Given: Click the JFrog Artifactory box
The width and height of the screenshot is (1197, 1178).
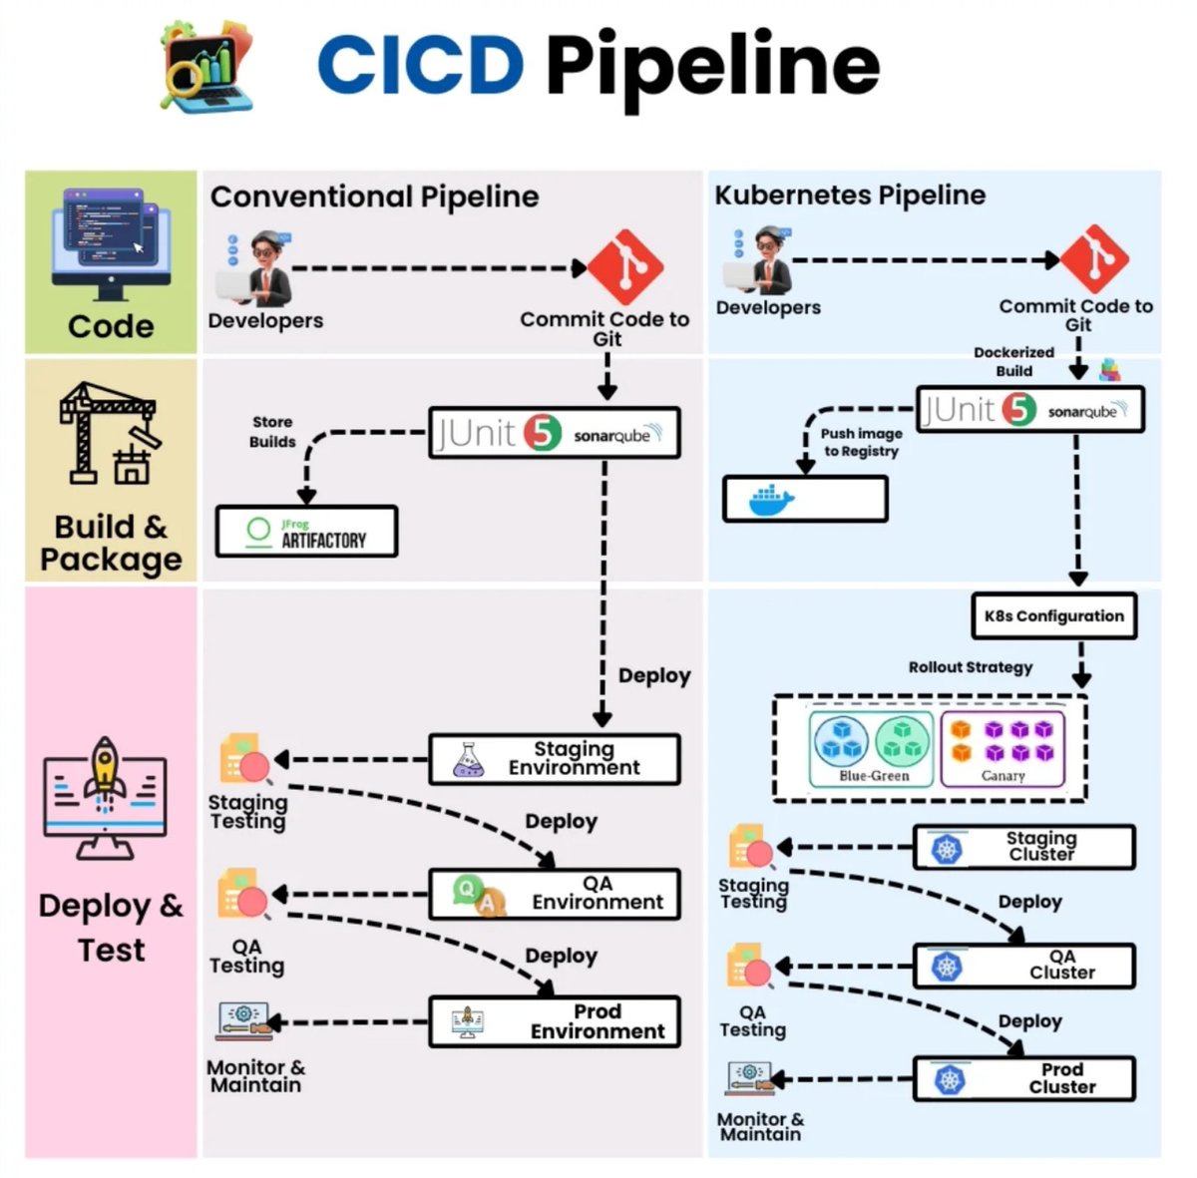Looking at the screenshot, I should (306, 531).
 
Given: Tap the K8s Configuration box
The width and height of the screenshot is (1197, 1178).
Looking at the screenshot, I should (1053, 616).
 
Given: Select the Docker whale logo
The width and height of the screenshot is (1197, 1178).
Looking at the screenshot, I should (771, 500).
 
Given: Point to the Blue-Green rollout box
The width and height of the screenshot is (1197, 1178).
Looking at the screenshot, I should (872, 749).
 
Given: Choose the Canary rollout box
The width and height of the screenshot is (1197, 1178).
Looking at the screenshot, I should (1002, 749).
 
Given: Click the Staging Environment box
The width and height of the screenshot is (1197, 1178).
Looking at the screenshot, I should (555, 759).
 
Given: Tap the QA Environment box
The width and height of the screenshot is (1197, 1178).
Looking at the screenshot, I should (555, 894).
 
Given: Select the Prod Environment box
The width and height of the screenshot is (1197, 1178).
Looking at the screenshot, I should (555, 1021).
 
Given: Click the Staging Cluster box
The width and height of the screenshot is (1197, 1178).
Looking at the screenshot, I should (1024, 847).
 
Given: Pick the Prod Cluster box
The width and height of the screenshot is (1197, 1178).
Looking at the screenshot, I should (1024, 1078).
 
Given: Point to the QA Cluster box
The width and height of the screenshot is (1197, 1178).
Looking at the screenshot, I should (1024, 966).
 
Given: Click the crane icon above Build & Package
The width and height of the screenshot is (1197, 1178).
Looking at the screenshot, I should (109, 434).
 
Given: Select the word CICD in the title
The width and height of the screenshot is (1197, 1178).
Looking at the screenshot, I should (420, 64).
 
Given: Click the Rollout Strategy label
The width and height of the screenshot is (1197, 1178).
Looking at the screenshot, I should (970, 667).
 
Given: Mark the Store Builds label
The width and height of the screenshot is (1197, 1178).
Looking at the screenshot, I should (272, 432).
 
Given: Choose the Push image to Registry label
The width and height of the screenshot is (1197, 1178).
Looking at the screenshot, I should (861, 442).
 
